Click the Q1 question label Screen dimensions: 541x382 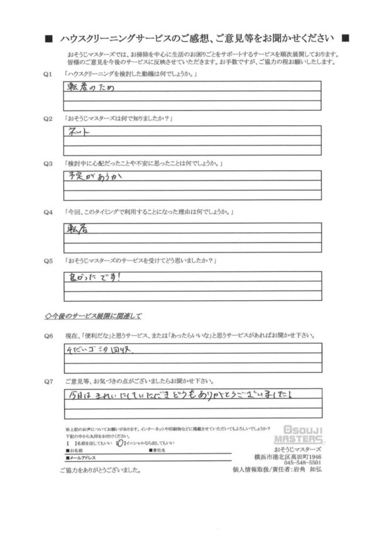(47, 75)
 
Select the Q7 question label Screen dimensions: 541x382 (47, 381)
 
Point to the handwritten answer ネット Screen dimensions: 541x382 (77, 133)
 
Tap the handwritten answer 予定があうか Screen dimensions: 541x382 (94, 177)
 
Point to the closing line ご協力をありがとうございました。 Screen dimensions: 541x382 (99, 472)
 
